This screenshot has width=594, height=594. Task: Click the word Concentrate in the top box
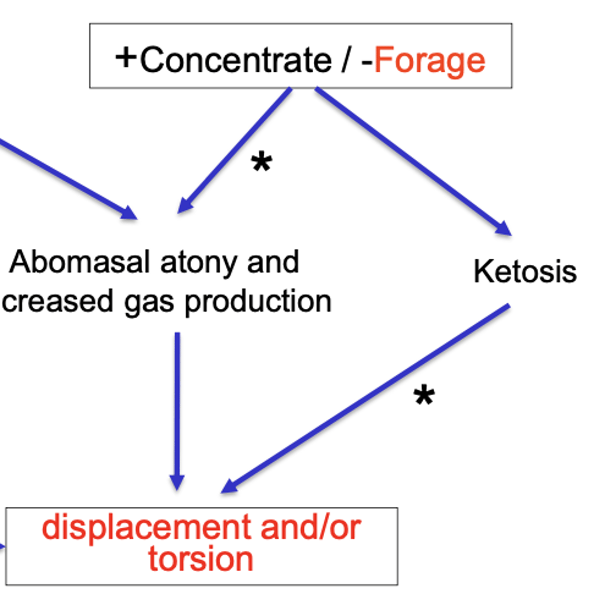236,60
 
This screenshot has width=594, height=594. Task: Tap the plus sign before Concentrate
126,57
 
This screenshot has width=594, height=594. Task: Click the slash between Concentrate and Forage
347,60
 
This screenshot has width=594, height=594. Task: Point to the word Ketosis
525,272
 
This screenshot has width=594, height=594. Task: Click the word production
258,301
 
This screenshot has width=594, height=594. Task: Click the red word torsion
200,559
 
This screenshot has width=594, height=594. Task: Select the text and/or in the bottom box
310,528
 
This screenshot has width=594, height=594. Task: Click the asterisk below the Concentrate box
261,162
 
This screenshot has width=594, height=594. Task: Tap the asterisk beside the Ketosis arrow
424,396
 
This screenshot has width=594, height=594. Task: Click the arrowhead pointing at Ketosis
504,229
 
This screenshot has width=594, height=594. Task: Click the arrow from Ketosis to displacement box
366,398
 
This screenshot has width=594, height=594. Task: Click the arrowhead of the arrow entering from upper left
129,213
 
